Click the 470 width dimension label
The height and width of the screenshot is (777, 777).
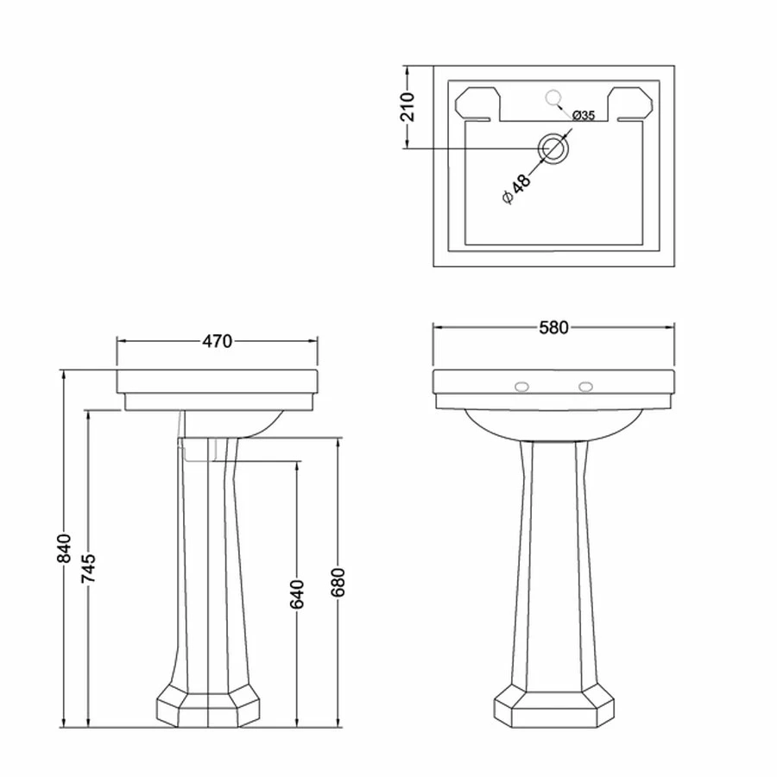pyautogui.click(x=218, y=341)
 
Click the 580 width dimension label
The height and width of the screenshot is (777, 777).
pyautogui.click(x=553, y=327)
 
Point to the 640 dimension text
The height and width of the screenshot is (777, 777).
pyautogui.click(x=297, y=594)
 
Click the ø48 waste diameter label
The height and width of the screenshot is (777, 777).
pyautogui.click(x=515, y=188)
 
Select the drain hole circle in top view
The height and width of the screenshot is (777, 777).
pyautogui.click(x=553, y=148)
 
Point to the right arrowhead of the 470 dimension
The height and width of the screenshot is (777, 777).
pyautogui.click(x=319, y=341)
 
